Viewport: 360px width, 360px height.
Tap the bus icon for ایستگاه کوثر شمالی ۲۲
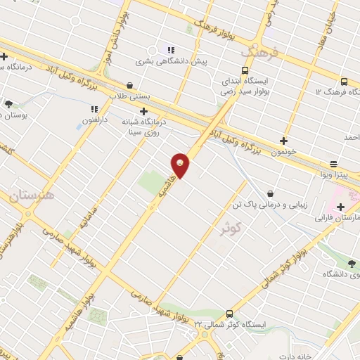230,314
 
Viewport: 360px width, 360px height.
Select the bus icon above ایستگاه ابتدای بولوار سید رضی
245,70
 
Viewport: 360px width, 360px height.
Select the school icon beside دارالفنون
94,109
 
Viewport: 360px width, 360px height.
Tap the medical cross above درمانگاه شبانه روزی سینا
144,110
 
